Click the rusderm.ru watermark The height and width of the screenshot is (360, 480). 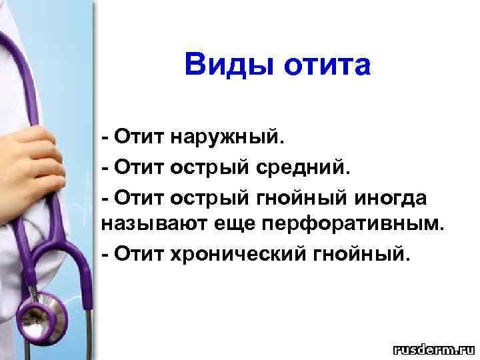pyautogui.click(x=433, y=349)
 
